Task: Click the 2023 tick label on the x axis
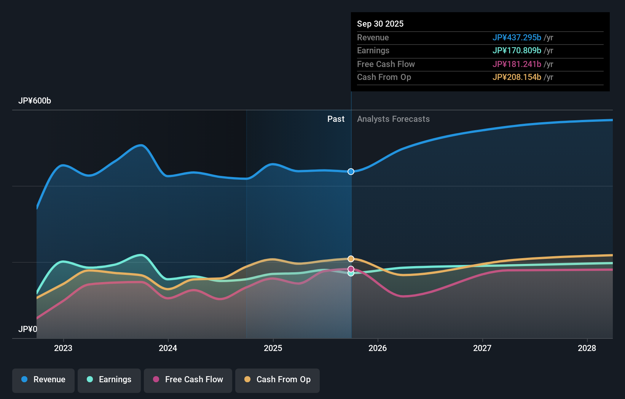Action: click(x=63, y=348)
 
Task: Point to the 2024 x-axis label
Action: click(x=168, y=348)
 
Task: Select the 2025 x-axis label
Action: click(x=273, y=348)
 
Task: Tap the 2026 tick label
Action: click(x=378, y=348)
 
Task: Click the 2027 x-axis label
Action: click(x=482, y=348)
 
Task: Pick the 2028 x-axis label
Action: click(x=587, y=348)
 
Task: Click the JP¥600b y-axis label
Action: click(x=35, y=101)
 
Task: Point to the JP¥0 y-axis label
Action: click(x=28, y=329)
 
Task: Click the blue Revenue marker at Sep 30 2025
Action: click(x=351, y=172)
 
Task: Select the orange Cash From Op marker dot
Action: click(x=351, y=259)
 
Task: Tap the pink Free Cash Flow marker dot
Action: click(x=351, y=269)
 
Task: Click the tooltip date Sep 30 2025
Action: click(x=380, y=24)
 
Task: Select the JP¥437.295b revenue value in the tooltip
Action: click(x=517, y=37)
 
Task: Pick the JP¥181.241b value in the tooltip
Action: click(x=517, y=64)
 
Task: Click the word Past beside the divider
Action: click(x=336, y=119)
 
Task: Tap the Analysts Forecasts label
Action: click(x=393, y=119)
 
